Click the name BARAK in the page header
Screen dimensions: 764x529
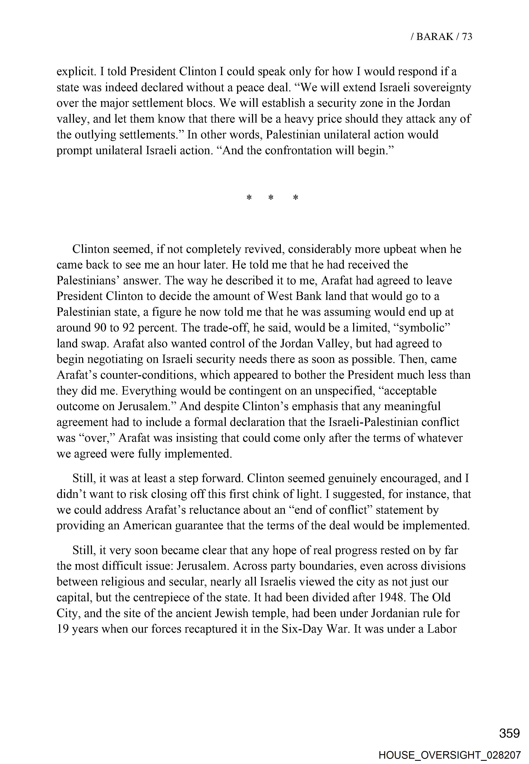pos(434,37)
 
